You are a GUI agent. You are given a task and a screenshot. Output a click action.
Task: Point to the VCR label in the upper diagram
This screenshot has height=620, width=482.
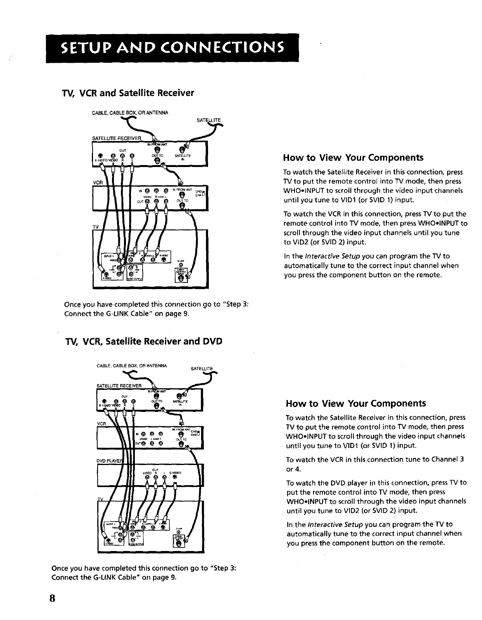[x=97, y=182]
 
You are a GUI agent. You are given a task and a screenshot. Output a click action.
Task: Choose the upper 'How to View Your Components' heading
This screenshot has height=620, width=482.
[x=353, y=158]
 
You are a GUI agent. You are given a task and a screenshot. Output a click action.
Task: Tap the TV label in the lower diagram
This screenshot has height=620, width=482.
[x=100, y=499]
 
